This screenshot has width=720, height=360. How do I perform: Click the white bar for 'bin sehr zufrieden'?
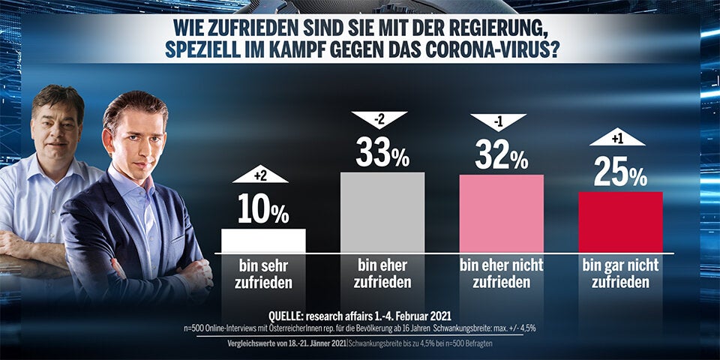point(263,240)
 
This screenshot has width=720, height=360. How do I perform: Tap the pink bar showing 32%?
point(501,213)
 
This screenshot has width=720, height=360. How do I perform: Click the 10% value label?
point(263,210)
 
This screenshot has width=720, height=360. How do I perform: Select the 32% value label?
point(501,156)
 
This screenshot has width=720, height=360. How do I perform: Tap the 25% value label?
point(620,173)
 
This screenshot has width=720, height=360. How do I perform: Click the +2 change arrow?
point(261,175)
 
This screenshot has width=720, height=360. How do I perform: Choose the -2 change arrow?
point(379,118)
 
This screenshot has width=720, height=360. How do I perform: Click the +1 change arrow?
point(617,137)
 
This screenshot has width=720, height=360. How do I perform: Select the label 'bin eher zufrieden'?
point(382,274)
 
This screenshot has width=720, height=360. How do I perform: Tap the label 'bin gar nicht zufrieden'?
point(619,274)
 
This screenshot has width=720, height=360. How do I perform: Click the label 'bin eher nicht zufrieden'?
point(501,274)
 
